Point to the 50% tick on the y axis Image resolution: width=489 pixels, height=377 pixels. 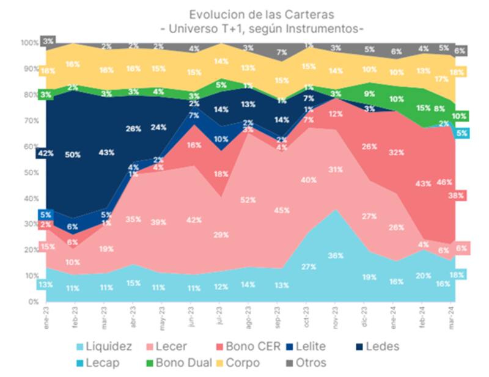pyautogui.click(x=29, y=173)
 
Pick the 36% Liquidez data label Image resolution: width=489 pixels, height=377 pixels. pyautogui.click(x=336, y=256)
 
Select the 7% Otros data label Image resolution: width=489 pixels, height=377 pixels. pyautogui.click(x=282, y=53)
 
